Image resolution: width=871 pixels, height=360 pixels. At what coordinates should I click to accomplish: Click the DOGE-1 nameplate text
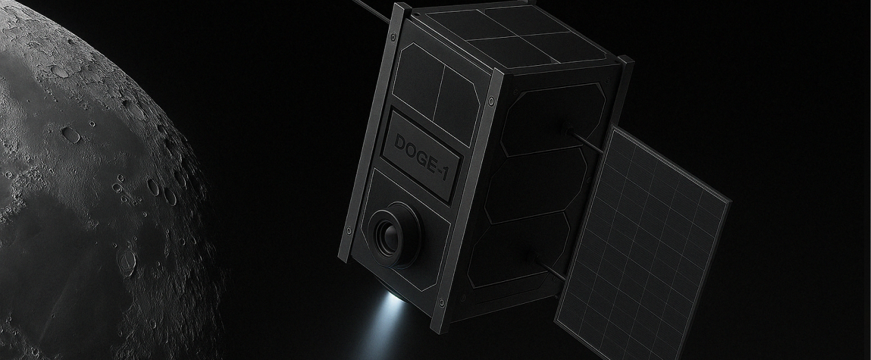point(422,157)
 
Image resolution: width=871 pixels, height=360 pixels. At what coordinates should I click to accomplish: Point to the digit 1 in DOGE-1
point(444,173)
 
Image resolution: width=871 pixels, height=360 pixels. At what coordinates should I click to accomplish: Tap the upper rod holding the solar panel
point(585,141)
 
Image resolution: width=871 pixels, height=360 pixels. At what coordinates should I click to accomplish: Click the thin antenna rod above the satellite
point(372,10)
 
